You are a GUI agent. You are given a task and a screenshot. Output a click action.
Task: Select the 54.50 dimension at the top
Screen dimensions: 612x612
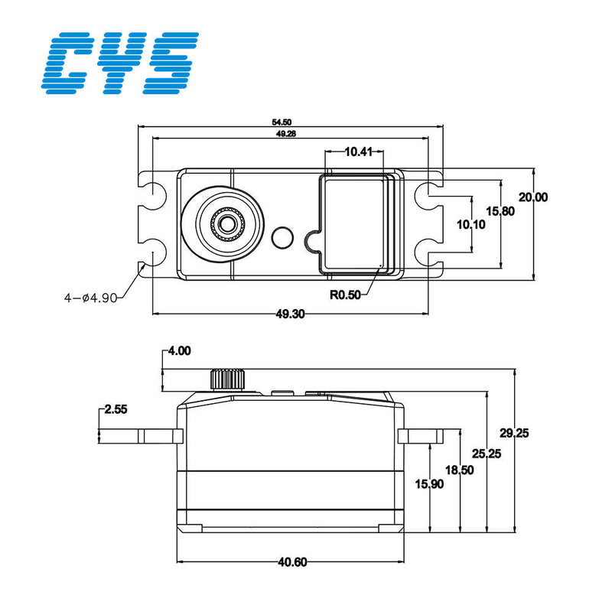pyautogui.click(x=281, y=122)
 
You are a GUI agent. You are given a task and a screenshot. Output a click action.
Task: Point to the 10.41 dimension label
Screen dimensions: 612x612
pyautogui.click(x=358, y=152)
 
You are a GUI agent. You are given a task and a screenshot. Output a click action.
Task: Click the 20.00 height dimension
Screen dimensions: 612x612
pyautogui.click(x=532, y=197)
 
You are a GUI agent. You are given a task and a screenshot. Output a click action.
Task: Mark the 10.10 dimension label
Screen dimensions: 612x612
pyautogui.click(x=471, y=225)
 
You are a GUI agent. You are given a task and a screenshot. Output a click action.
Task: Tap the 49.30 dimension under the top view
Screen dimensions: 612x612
pyautogui.click(x=291, y=314)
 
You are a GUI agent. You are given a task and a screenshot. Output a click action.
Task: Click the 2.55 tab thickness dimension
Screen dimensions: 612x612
pyautogui.click(x=116, y=410)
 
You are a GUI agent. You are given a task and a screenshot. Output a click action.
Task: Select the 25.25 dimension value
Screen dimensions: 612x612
pyautogui.click(x=486, y=454)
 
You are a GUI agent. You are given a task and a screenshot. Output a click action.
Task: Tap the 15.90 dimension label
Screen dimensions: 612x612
pyautogui.click(x=430, y=484)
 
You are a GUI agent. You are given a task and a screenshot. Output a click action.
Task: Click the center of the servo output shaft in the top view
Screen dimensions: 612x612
pyautogui.click(x=226, y=223)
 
